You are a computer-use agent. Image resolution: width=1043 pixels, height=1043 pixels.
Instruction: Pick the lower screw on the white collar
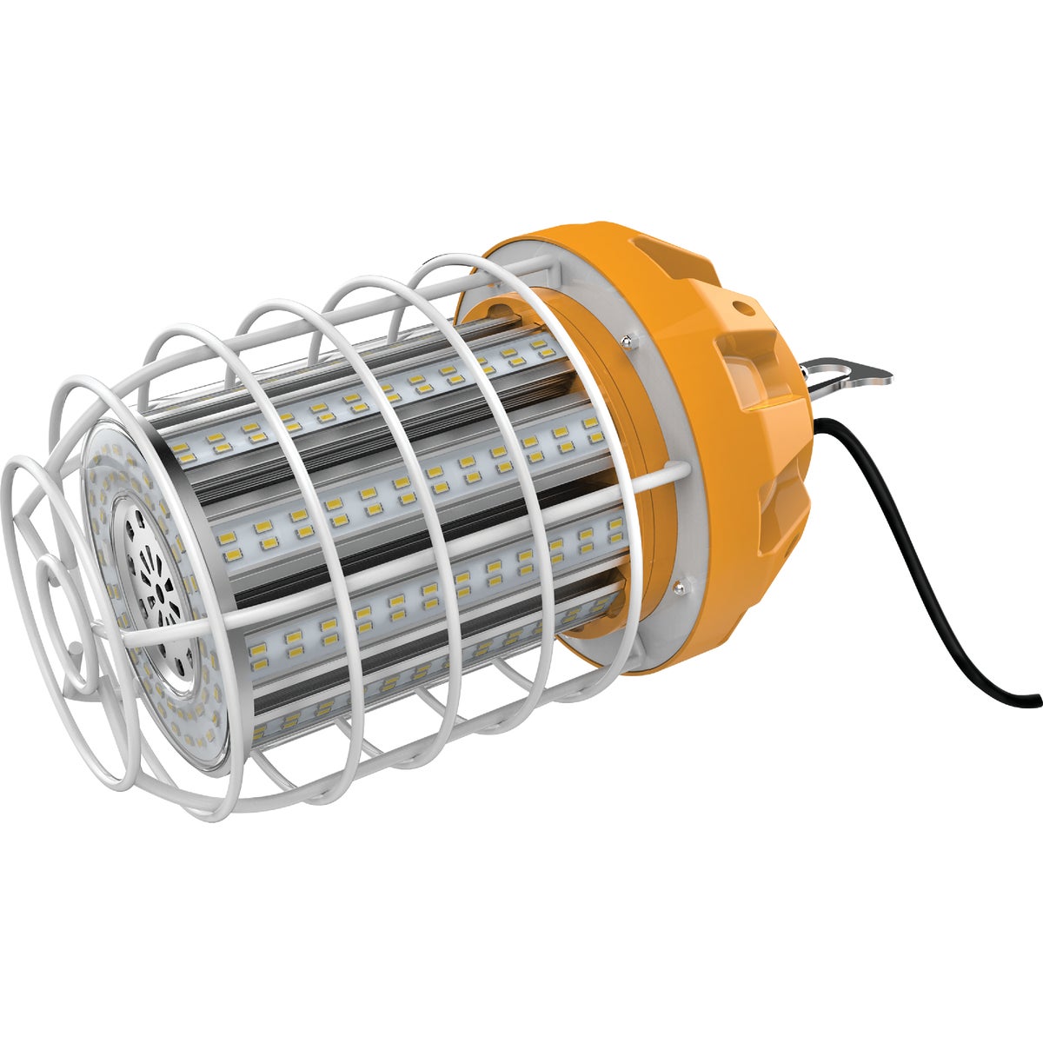click(x=678, y=591)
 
